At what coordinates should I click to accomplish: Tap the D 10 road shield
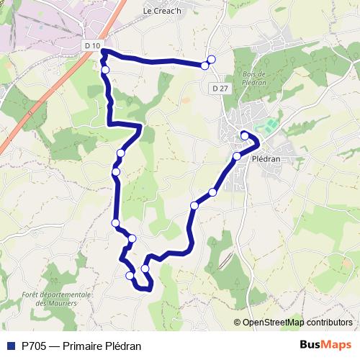coord(91,45)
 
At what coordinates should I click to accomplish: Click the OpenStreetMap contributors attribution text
coord(297,323)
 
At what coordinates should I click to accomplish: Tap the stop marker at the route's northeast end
coord(211,60)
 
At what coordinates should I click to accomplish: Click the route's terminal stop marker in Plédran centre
coord(245,135)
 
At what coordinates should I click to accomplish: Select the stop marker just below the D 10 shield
coord(105,70)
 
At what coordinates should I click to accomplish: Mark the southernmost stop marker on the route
coord(130,276)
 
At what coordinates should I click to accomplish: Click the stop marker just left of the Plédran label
coord(237,156)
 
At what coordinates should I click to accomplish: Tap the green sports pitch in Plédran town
coord(269,127)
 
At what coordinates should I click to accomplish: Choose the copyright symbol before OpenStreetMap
coord(238,323)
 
